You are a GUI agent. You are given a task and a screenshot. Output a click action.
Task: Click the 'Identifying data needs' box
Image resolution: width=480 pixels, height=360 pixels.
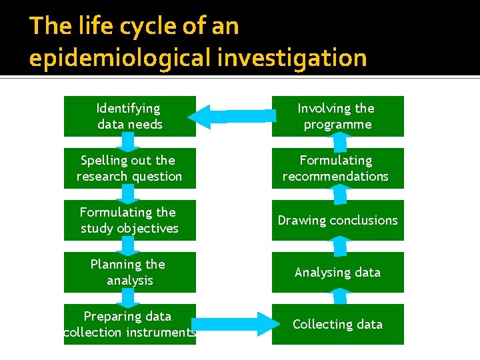(129, 116)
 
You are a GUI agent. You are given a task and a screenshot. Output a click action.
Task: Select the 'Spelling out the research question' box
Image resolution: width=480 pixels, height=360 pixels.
(129, 168)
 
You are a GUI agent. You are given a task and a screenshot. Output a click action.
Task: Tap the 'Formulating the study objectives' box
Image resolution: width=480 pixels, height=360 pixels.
(129, 220)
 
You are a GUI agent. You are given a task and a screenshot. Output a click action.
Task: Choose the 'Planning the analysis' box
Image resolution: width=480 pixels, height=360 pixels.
(129, 272)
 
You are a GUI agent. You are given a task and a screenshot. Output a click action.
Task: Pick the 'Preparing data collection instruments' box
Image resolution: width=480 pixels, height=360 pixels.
(129, 324)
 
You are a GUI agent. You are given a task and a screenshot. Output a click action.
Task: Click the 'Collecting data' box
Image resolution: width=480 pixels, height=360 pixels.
(337, 324)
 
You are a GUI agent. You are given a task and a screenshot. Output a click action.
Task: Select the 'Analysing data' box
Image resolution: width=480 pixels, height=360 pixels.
(337, 272)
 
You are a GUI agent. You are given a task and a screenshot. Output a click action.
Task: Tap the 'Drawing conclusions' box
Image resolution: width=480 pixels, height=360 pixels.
(337, 220)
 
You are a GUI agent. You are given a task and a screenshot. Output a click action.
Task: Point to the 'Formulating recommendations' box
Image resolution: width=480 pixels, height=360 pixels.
(337, 168)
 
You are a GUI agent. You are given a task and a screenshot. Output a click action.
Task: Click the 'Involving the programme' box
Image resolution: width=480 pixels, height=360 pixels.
(337, 116)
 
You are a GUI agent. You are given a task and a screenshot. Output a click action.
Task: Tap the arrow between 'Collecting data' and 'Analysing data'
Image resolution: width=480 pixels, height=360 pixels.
(340, 298)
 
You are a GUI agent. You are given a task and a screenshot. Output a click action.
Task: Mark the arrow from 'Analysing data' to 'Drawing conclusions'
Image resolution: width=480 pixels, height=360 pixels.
(340, 246)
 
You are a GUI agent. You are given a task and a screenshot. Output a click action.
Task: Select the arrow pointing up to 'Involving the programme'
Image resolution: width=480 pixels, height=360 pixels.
(340, 142)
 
